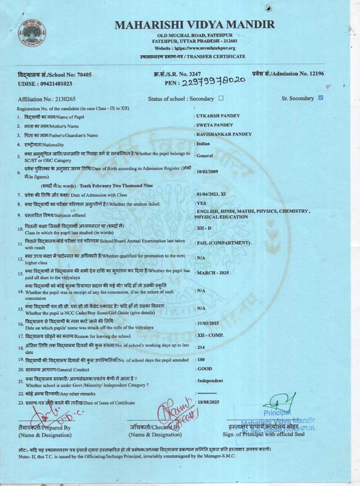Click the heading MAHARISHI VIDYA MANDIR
click(x=194, y=24)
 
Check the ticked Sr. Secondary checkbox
click(x=321, y=98)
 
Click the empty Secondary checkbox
click(x=221, y=98)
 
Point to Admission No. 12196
click(x=288, y=74)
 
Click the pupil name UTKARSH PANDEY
click(x=218, y=116)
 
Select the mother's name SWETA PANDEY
click(x=215, y=125)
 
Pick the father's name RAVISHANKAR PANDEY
click(x=224, y=134)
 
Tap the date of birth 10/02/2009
click(x=207, y=171)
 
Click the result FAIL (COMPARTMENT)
click(x=223, y=243)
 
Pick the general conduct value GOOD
click(x=204, y=369)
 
